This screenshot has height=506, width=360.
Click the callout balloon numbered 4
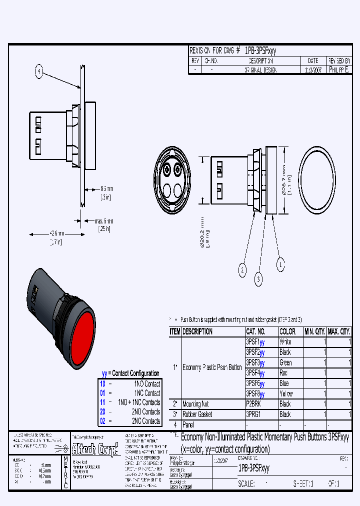point(39,72)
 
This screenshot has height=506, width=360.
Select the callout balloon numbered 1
point(280,263)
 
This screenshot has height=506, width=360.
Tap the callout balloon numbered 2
point(242,270)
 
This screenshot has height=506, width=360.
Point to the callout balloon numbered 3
point(258,279)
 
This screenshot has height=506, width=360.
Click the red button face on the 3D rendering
point(82,338)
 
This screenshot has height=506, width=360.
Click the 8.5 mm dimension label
point(106,189)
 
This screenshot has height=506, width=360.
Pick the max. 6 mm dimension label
point(104,220)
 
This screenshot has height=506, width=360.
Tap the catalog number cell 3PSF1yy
point(255,342)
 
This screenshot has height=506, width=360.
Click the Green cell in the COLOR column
point(285,362)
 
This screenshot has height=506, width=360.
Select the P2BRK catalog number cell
point(254,404)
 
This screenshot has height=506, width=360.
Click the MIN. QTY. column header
point(314,331)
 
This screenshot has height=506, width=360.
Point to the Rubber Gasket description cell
point(197,414)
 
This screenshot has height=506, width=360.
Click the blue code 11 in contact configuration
point(102,402)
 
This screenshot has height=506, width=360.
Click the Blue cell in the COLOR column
point(284,383)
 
